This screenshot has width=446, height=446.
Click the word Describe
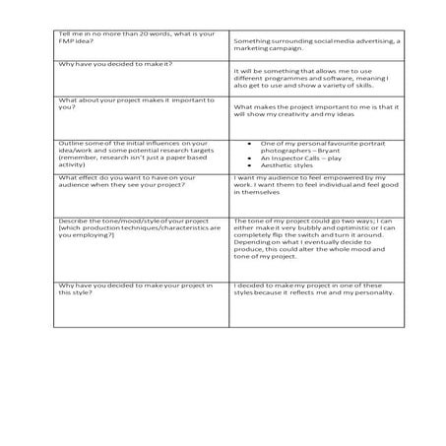(x=73, y=221)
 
